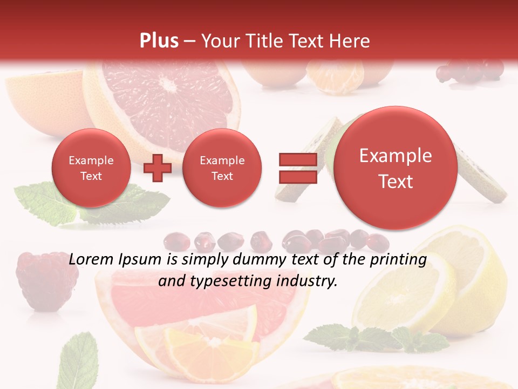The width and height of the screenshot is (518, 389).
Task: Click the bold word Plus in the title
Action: click(159, 41)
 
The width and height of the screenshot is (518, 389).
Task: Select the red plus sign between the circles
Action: click(158, 167)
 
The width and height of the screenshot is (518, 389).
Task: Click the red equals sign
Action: click(297, 167)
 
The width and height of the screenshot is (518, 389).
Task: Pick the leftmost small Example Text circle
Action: click(91, 168)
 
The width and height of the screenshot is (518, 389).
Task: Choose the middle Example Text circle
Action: click(222, 168)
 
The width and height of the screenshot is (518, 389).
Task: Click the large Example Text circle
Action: click(396, 168)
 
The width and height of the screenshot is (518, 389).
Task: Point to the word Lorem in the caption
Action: click(90, 260)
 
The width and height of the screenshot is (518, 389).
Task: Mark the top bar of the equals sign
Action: click(297, 159)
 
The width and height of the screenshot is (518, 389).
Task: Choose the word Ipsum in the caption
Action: click(142, 260)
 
